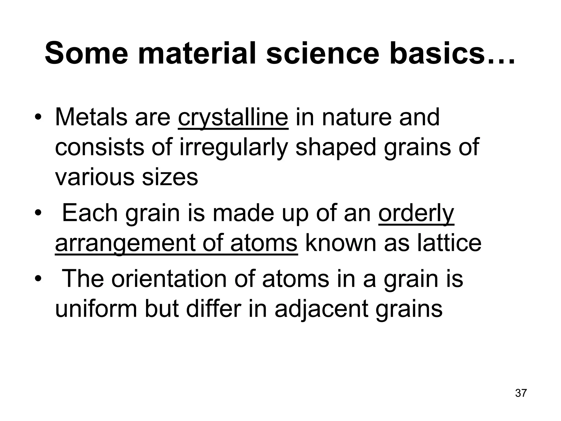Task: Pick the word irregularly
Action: (234, 148)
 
